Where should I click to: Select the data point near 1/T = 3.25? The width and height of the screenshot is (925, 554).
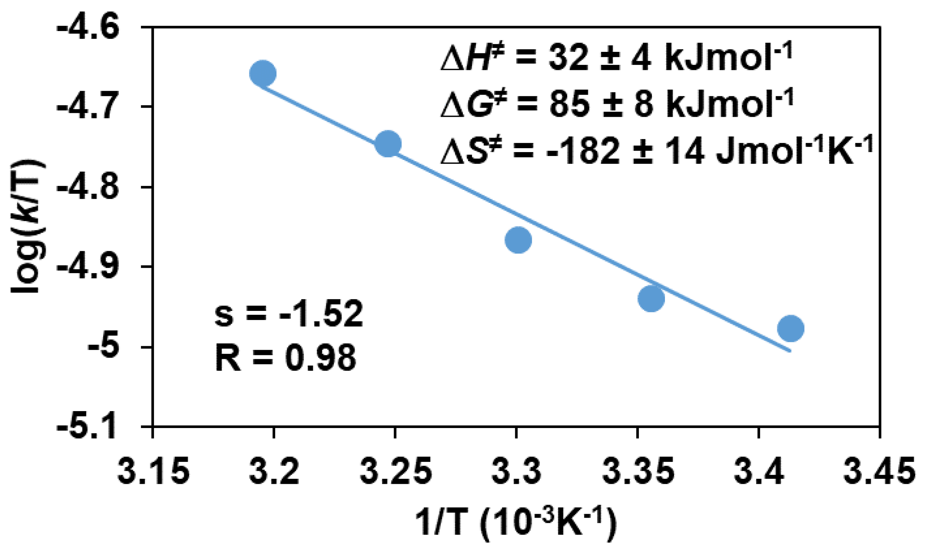click(388, 144)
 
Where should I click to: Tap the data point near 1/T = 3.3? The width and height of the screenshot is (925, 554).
click(518, 240)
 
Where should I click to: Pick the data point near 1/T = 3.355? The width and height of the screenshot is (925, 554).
click(652, 298)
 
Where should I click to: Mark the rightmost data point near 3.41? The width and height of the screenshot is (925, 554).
click(790, 328)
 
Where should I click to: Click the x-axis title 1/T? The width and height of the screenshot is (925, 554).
click(516, 526)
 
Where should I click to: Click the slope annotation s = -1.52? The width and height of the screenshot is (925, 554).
click(289, 314)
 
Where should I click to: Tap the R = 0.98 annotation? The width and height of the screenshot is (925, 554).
click(285, 359)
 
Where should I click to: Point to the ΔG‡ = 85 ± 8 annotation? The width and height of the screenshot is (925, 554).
click(617, 105)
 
